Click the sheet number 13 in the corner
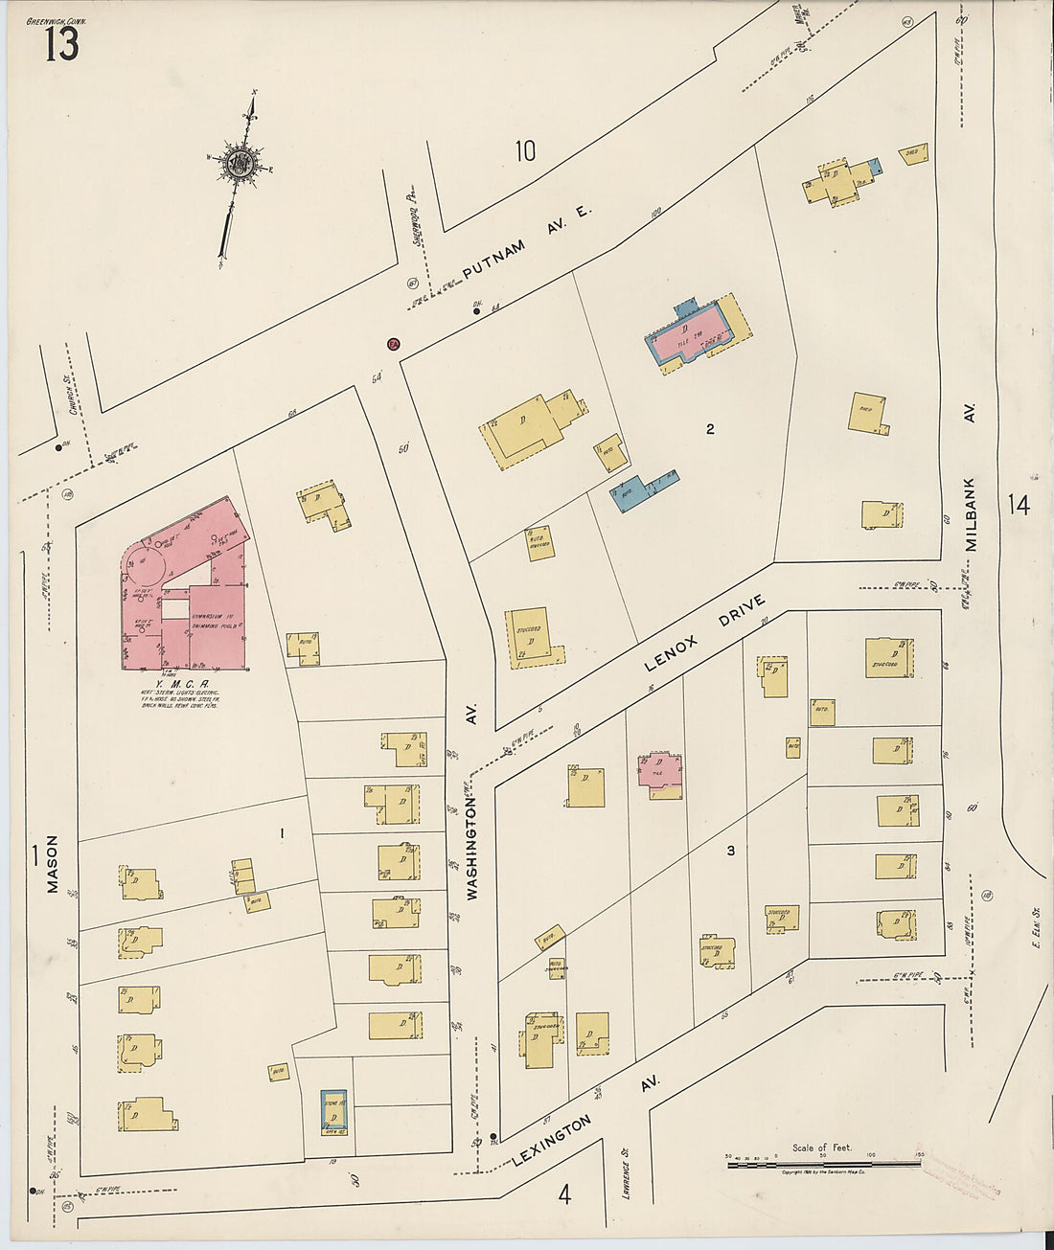[61, 44]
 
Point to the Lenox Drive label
[704, 633]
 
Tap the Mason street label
[52, 864]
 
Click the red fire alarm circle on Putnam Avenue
[392, 344]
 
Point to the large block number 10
[524, 151]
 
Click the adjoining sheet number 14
[1019, 504]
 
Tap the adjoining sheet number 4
[564, 1194]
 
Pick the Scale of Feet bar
[821, 1164]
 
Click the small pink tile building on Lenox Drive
[660, 772]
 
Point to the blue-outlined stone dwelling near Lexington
[333, 1111]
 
